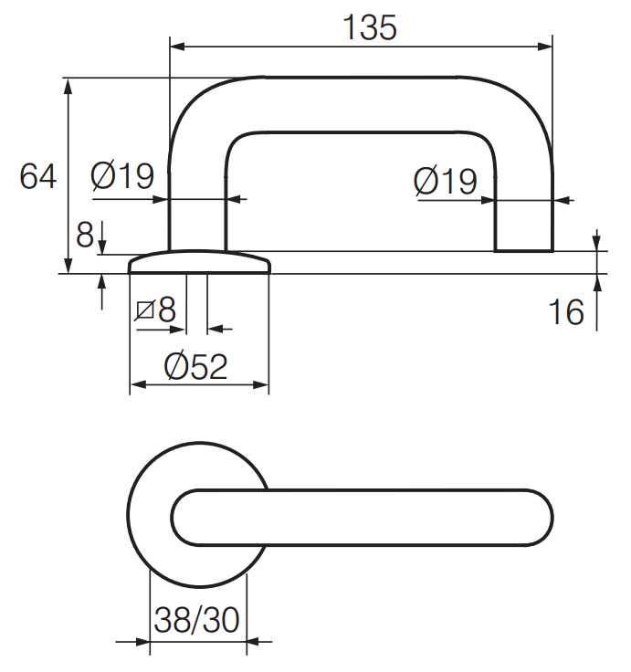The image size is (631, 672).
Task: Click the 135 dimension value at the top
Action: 370,28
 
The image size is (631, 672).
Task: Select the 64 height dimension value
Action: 37,176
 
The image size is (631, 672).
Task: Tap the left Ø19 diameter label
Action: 122,175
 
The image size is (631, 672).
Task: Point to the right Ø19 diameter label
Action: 446,181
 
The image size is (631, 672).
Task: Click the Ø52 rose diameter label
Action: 195,366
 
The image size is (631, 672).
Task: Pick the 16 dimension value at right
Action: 566,311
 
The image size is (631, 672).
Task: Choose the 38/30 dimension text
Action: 196,619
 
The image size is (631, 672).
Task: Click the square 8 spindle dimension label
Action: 155,309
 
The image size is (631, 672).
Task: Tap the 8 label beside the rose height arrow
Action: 84,235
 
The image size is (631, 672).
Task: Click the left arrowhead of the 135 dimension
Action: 177,47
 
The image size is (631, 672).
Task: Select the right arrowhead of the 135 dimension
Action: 545,47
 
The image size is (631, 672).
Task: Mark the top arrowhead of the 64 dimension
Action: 68,86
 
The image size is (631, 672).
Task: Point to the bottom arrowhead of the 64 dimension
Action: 68,266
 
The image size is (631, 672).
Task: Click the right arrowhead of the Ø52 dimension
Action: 261,385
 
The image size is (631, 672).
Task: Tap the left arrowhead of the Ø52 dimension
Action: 138,385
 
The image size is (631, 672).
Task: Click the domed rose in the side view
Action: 200,261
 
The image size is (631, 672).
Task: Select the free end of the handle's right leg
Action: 524,251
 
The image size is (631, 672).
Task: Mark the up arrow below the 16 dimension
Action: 596,303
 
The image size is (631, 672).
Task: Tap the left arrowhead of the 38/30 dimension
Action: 142,642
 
